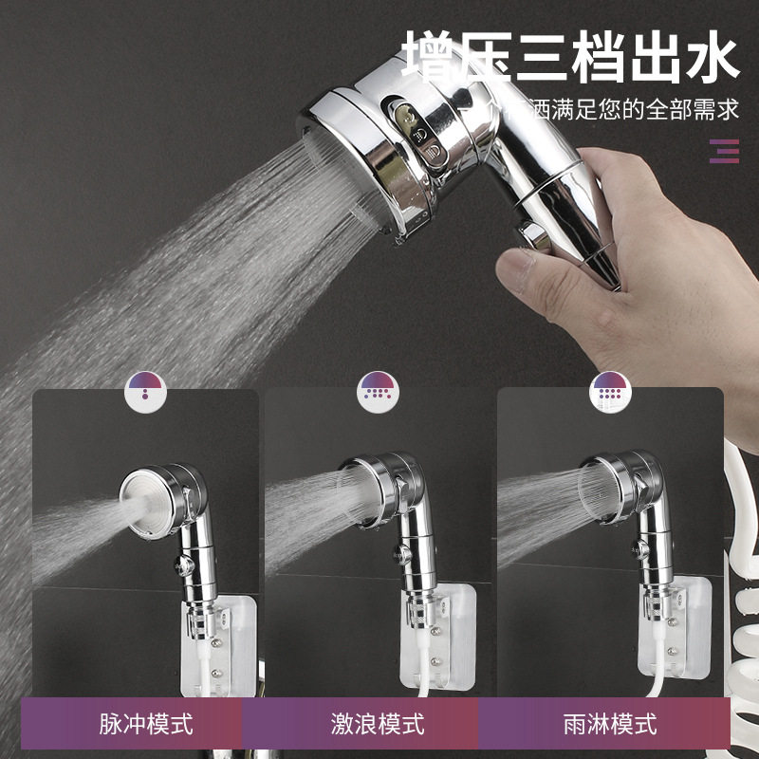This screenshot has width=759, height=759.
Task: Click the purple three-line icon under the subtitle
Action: point(724,151)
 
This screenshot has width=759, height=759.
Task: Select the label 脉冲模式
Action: point(146,726)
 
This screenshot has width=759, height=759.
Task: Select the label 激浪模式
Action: point(378,726)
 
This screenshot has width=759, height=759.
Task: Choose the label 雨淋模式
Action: point(609,726)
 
